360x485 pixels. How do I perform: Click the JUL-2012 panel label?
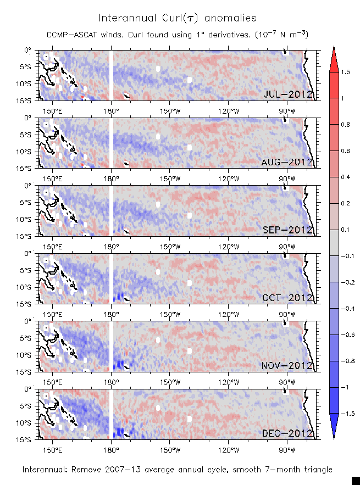288,94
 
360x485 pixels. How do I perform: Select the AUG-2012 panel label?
287,162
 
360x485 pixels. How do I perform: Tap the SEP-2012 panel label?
287,230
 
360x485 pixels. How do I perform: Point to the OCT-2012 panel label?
287,298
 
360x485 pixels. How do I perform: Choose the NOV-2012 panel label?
287,366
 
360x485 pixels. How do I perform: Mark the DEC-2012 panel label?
287,433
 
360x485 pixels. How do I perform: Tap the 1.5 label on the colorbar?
345,72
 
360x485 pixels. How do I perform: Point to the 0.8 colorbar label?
345,125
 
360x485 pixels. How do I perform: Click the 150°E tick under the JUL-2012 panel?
52,109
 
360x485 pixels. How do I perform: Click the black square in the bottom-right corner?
356,481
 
